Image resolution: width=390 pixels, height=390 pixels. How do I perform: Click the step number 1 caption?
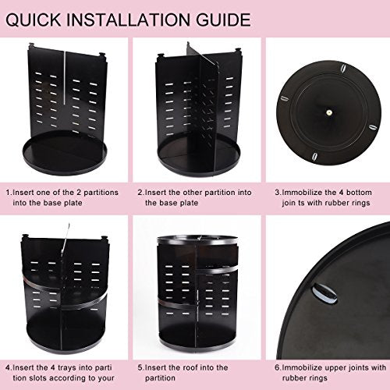[x=63, y=196]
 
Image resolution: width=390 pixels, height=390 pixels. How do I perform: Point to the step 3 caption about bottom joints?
[x=323, y=196]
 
